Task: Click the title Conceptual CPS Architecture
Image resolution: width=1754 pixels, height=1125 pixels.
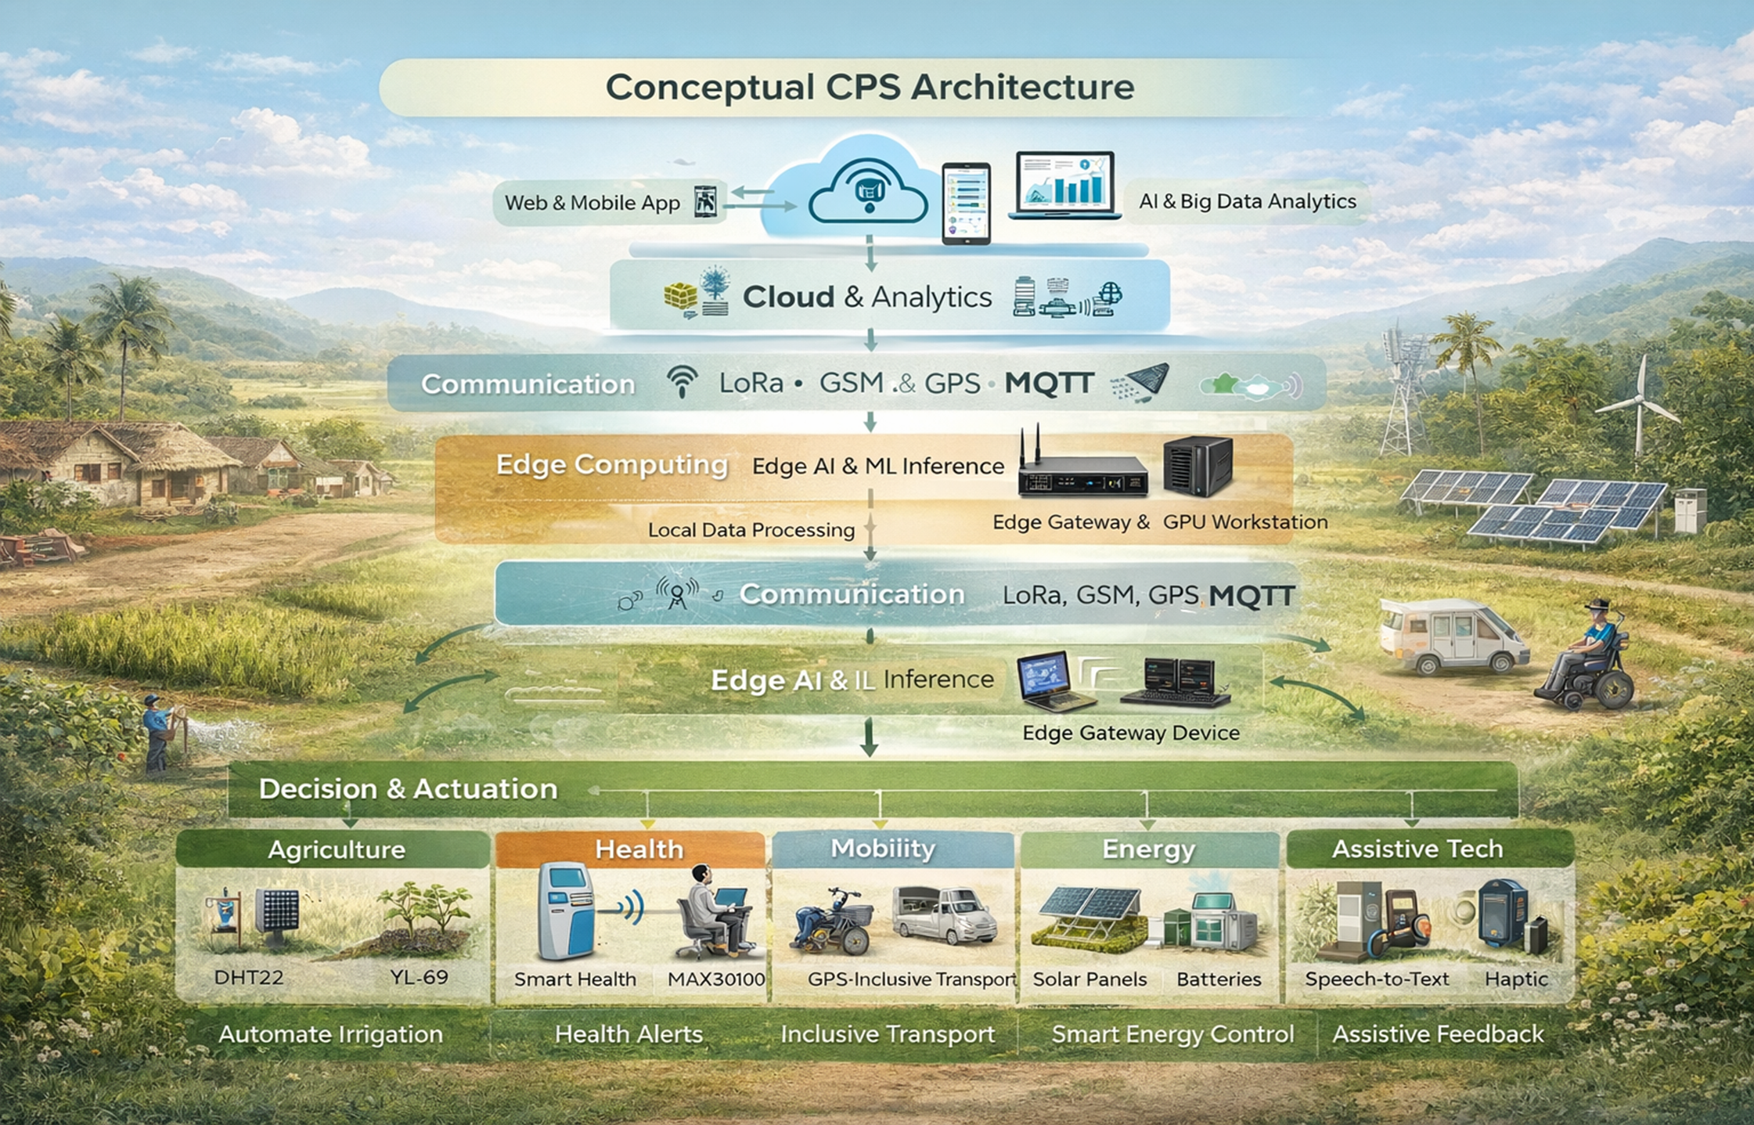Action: (x=869, y=87)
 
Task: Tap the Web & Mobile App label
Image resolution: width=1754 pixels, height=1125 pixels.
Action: (x=592, y=203)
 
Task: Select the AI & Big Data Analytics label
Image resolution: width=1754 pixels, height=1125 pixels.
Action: (x=1247, y=201)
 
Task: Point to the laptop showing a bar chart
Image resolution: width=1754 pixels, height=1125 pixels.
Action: (x=1064, y=186)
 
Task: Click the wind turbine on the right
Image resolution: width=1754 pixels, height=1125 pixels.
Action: (x=1638, y=407)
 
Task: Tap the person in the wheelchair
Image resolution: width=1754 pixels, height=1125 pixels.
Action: (x=1589, y=658)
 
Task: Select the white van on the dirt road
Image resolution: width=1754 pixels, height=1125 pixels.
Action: (x=1452, y=636)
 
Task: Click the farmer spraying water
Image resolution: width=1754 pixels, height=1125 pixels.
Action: (x=160, y=732)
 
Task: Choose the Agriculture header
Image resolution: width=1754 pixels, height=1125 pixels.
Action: (x=336, y=849)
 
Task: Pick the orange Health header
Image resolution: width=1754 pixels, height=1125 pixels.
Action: (x=639, y=849)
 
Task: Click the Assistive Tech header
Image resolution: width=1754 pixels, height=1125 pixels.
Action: (x=1417, y=849)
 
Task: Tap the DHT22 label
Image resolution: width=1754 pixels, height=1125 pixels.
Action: (x=248, y=977)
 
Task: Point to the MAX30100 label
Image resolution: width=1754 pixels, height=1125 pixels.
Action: (x=715, y=979)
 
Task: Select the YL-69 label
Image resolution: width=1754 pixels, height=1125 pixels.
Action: (x=419, y=977)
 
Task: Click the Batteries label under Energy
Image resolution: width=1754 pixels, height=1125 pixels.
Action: (x=1218, y=979)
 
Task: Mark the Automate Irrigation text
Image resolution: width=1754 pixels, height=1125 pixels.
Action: (x=330, y=1034)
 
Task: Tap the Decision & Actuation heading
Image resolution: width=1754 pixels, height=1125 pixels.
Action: (x=408, y=788)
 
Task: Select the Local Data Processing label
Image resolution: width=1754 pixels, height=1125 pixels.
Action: (x=751, y=530)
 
